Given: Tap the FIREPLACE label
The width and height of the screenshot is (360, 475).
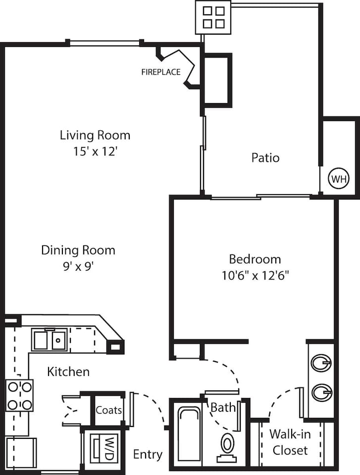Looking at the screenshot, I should click(x=161, y=72).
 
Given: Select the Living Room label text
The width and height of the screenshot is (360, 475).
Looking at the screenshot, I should click(x=95, y=135).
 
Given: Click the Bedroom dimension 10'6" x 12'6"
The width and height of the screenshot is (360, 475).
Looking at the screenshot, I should click(x=255, y=275).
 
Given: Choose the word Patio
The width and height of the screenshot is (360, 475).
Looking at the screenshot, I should click(x=265, y=158).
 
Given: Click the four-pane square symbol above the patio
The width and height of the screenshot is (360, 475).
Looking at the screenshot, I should click(x=213, y=17).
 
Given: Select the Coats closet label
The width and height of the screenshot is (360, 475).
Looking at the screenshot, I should click(x=109, y=410).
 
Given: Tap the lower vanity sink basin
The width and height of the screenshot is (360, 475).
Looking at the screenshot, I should click(x=321, y=393).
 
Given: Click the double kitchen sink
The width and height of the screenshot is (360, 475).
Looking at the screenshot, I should click(x=50, y=340).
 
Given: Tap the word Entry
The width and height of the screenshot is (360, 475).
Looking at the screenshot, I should click(x=148, y=454).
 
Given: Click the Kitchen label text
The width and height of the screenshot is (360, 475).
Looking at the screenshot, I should click(x=68, y=372).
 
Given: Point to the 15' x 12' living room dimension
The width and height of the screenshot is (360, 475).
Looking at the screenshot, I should click(x=95, y=151).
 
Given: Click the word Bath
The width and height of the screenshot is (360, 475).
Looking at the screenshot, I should click(x=223, y=408).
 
